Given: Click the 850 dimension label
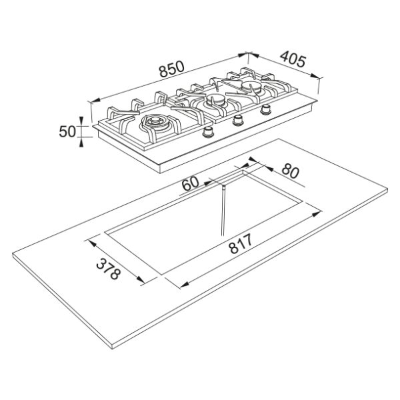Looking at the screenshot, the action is (171, 69).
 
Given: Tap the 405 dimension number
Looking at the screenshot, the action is (293, 59).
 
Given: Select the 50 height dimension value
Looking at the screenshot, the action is (67, 131).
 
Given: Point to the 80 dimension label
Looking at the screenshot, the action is (290, 171).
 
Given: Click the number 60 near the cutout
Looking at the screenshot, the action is (190, 183).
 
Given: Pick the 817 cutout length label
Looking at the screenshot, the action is (241, 244).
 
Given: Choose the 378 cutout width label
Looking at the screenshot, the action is (108, 269).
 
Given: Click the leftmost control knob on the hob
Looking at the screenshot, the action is (209, 132).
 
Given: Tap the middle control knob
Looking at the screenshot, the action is (238, 120).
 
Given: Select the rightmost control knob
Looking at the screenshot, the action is (266, 109).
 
